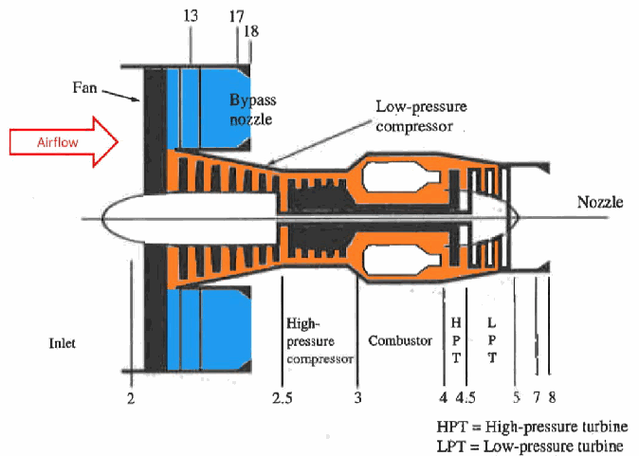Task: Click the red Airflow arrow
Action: click(x=64, y=142)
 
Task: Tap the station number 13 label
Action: click(x=191, y=16)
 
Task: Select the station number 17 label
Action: click(x=236, y=17)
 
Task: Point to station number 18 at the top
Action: click(x=251, y=31)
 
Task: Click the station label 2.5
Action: click(x=282, y=397)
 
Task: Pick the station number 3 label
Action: click(x=357, y=397)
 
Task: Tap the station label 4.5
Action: click(x=466, y=397)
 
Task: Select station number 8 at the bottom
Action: click(x=552, y=397)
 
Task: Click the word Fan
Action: click(x=84, y=87)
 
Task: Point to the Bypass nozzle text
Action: click(x=253, y=109)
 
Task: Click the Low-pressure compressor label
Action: click(x=421, y=117)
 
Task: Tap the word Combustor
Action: click(x=400, y=340)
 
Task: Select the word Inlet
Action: click(x=62, y=343)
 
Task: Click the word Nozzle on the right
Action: click(x=600, y=202)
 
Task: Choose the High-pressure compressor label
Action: click(x=319, y=340)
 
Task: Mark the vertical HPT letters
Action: click(x=456, y=340)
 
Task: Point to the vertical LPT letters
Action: click(x=492, y=340)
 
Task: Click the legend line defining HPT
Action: click(x=532, y=427)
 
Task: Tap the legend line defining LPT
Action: click(x=530, y=446)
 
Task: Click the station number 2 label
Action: click(x=131, y=398)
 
